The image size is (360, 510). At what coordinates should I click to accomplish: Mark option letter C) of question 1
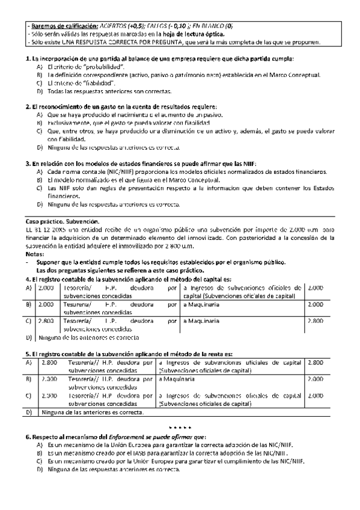(40, 82)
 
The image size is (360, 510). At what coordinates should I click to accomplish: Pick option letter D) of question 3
(40, 204)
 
